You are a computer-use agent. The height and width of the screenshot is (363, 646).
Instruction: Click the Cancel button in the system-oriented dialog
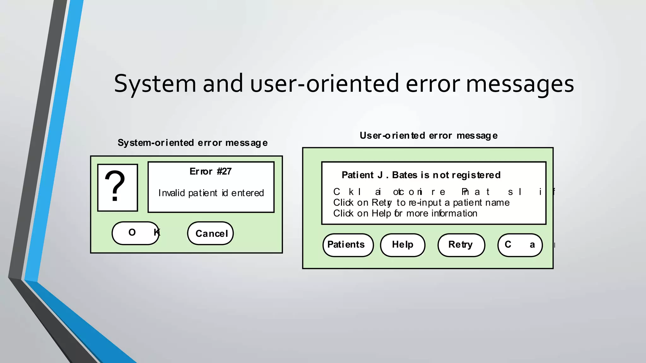click(210, 233)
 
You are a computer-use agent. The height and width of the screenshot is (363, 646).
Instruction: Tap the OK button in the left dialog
click(136, 233)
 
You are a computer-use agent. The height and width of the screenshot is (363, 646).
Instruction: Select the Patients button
click(348, 245)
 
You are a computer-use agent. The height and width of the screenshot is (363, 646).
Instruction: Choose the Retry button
click(461, 245)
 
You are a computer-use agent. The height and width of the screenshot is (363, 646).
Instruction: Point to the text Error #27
click(210, 171)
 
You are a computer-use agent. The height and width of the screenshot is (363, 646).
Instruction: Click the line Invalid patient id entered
click(211, 193)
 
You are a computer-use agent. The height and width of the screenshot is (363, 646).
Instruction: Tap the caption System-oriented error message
click(192, 143)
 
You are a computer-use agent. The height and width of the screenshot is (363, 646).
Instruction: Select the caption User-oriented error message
click(428, 135)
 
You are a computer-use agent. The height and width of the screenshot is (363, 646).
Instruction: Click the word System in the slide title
click(155, 84)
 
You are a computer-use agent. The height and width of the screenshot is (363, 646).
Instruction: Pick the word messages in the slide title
click(520, 84)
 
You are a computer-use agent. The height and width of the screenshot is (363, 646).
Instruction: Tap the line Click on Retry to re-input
click(421, 203)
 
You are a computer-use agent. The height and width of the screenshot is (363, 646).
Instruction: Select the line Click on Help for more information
click(405, 213)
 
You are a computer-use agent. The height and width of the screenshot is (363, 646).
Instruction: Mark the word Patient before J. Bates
click(358, 175)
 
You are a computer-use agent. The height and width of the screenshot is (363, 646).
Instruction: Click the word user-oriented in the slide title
click(325, 84)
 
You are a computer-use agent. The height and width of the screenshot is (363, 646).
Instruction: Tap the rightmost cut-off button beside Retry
click(520, 245)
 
